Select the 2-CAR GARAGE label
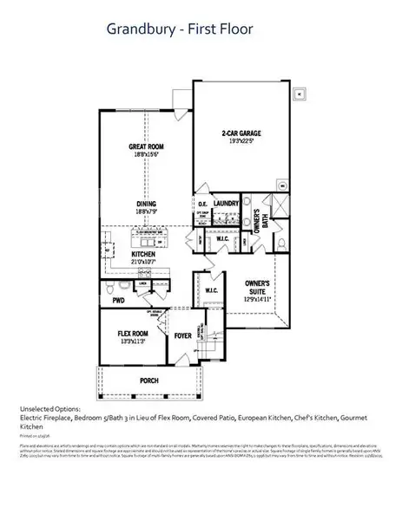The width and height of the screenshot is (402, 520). click(241, 133)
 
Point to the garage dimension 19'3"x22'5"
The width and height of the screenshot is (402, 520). click(241, 142)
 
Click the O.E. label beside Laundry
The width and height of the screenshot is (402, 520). click(201, 204)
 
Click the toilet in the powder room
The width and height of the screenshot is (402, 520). click(124, 285)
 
